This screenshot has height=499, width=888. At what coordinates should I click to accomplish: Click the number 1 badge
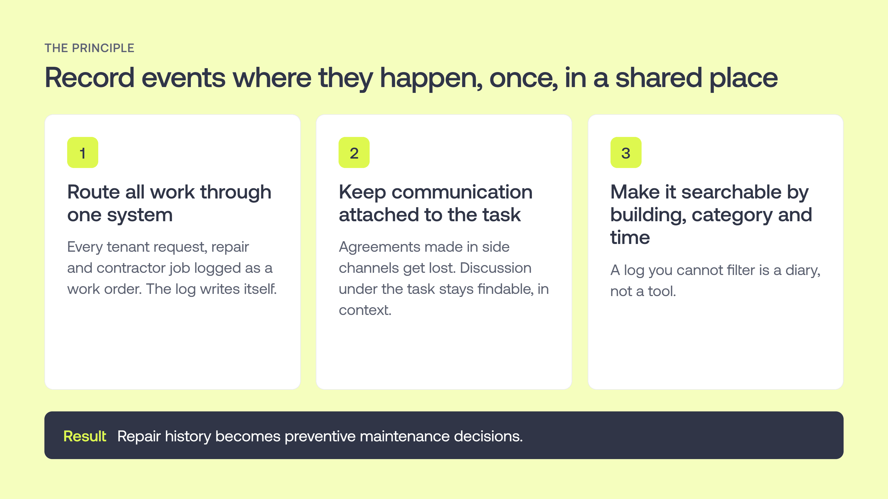click(83, 152)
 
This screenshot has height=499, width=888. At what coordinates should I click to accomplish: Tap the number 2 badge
click(354, 152)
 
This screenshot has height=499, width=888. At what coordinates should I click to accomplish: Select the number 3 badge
click(626, 152)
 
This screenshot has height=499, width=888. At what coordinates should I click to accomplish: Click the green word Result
click(85, 436)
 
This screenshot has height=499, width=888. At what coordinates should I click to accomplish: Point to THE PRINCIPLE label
click(90, 48)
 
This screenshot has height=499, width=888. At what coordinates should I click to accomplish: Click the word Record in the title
click(90, 78)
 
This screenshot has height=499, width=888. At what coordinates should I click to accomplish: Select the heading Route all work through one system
click(169, 203)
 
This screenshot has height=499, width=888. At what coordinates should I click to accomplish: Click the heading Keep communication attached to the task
click(436, 203)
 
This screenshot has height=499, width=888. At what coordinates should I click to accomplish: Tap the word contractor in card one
click(130, 268)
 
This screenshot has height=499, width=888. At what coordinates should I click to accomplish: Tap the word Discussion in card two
click(496, 268)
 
